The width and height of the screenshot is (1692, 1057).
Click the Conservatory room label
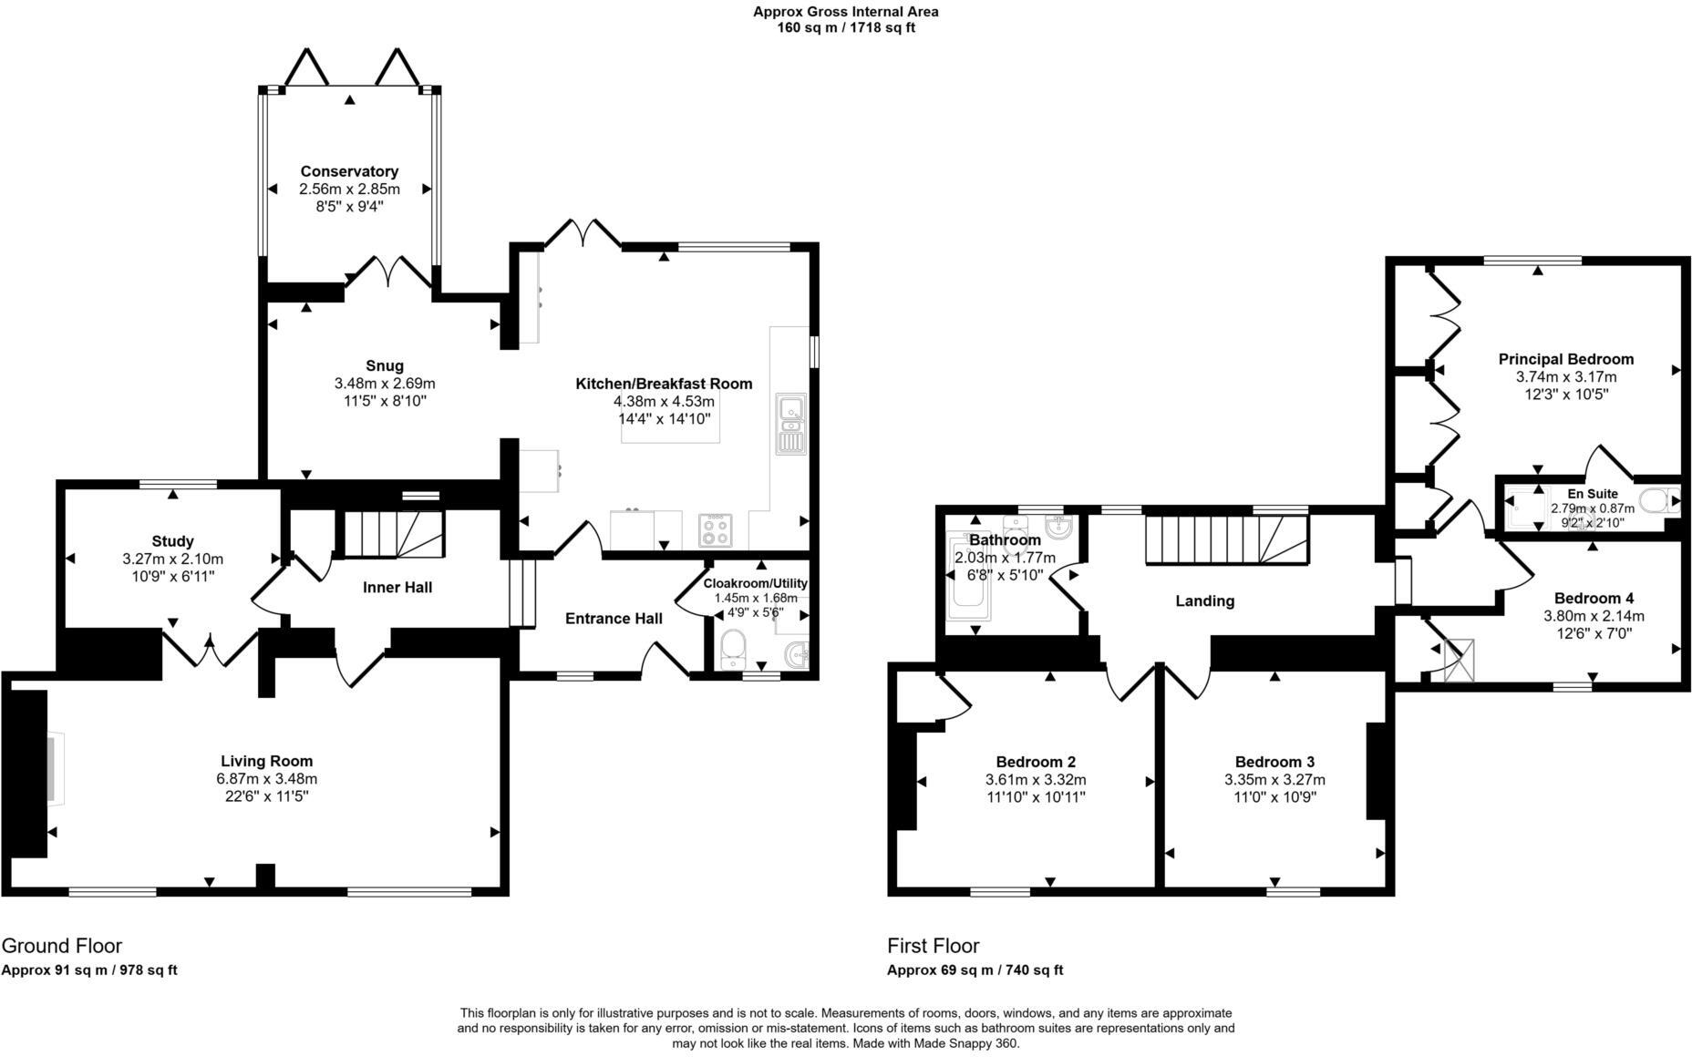click(349, 171)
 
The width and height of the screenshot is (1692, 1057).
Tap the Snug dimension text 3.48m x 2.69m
click(385, 384)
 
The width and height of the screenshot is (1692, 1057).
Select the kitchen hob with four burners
click(715, 530)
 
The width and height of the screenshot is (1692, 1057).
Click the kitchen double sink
click(790, 424)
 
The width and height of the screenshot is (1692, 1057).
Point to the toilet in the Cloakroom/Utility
click(732, 650)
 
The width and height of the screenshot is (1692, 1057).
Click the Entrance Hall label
click(614, 619)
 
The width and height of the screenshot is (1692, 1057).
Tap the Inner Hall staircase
click(394, 533)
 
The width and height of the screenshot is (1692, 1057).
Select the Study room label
click(172, 541)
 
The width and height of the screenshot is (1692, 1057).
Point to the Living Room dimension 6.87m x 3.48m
click(266, 779)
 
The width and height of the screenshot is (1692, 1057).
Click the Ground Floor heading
click(62, 946)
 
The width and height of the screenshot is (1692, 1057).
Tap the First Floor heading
click(934, 946)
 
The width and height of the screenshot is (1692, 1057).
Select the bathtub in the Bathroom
click(967, 576)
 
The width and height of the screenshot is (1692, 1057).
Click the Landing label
click(1204, 601)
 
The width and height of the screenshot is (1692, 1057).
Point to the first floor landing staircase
click(1226, 539)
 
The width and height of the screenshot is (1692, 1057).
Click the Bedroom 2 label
click(1036, 762)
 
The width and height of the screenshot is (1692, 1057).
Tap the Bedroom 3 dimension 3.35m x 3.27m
click(1274, 780)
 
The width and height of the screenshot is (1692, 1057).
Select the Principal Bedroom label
click(1565, 359)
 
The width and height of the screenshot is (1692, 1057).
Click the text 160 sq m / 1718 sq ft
click(845, 28)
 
